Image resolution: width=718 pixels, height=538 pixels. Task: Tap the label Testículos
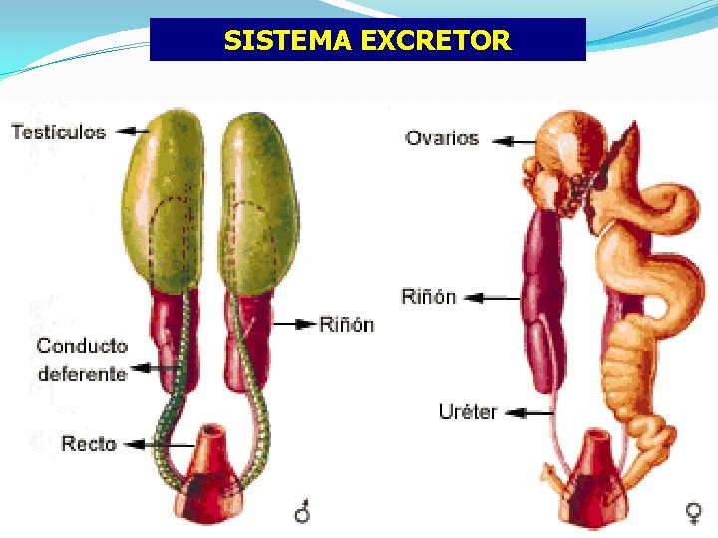pyautogui.click(x=58, y=132)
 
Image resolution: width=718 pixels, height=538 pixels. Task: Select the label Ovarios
pyautogui.click(x=442, y=138)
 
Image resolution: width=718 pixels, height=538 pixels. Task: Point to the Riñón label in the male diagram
pyautogui.click(x=346, y=324)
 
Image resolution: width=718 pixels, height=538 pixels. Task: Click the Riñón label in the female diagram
pyautogui.click(x=428, y=296)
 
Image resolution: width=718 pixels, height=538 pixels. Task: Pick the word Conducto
pyautogui.click(x=82, y=346)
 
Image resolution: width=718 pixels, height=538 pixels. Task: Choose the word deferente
pyautogui.click(x=82, y=374)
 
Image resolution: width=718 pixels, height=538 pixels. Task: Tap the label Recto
pyautogui.click(x=89, y=443)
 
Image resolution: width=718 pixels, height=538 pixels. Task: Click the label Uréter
pyautogui.click(x=468, y=411)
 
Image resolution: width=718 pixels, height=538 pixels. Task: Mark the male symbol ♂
pyautogui.click(x=302, y=512)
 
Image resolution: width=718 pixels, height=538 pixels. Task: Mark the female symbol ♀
pyautogui.click(x=692, y=512)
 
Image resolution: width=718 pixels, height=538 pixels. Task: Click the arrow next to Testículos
pyautogui.click(x=131, y=131)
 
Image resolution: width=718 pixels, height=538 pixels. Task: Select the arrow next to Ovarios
pyautogui.click(x=513, y=141)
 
